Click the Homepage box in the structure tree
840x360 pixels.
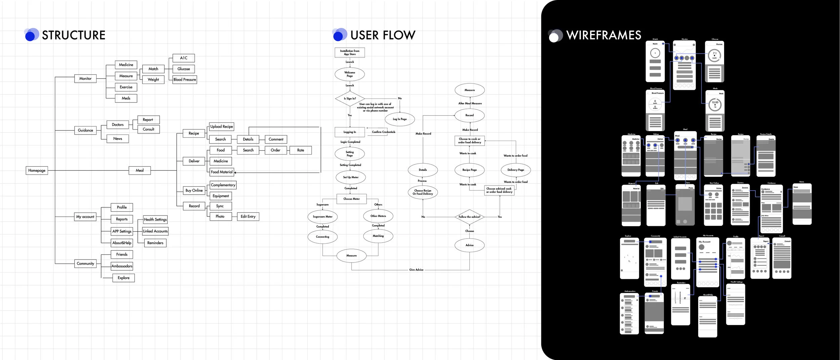coord(37,171)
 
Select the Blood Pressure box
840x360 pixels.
coord(184,80)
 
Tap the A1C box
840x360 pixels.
coord(183,58)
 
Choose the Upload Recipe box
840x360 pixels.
coord(221,127)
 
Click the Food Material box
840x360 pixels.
coord(221,172)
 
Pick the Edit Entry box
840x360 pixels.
coord(248,217)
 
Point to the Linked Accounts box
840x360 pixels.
coord(155,231)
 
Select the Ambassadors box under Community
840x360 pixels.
coord(122,266)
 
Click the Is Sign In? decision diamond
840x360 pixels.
coord(350,99)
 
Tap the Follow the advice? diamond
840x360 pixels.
coord(469,217)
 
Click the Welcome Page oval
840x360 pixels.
coord(350,74)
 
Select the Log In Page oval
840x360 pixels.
coord(400,119)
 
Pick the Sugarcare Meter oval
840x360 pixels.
coord(323,217)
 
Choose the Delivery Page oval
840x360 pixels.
coord(516,170)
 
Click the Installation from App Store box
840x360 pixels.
coord(350,52)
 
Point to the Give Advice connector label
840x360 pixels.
coord(416,270)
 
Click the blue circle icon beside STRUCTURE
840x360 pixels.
coord(31,35)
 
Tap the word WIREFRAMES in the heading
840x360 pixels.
coord(603,35)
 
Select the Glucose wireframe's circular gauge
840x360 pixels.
coord(714,55)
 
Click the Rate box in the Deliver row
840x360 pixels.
coord(300,150)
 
